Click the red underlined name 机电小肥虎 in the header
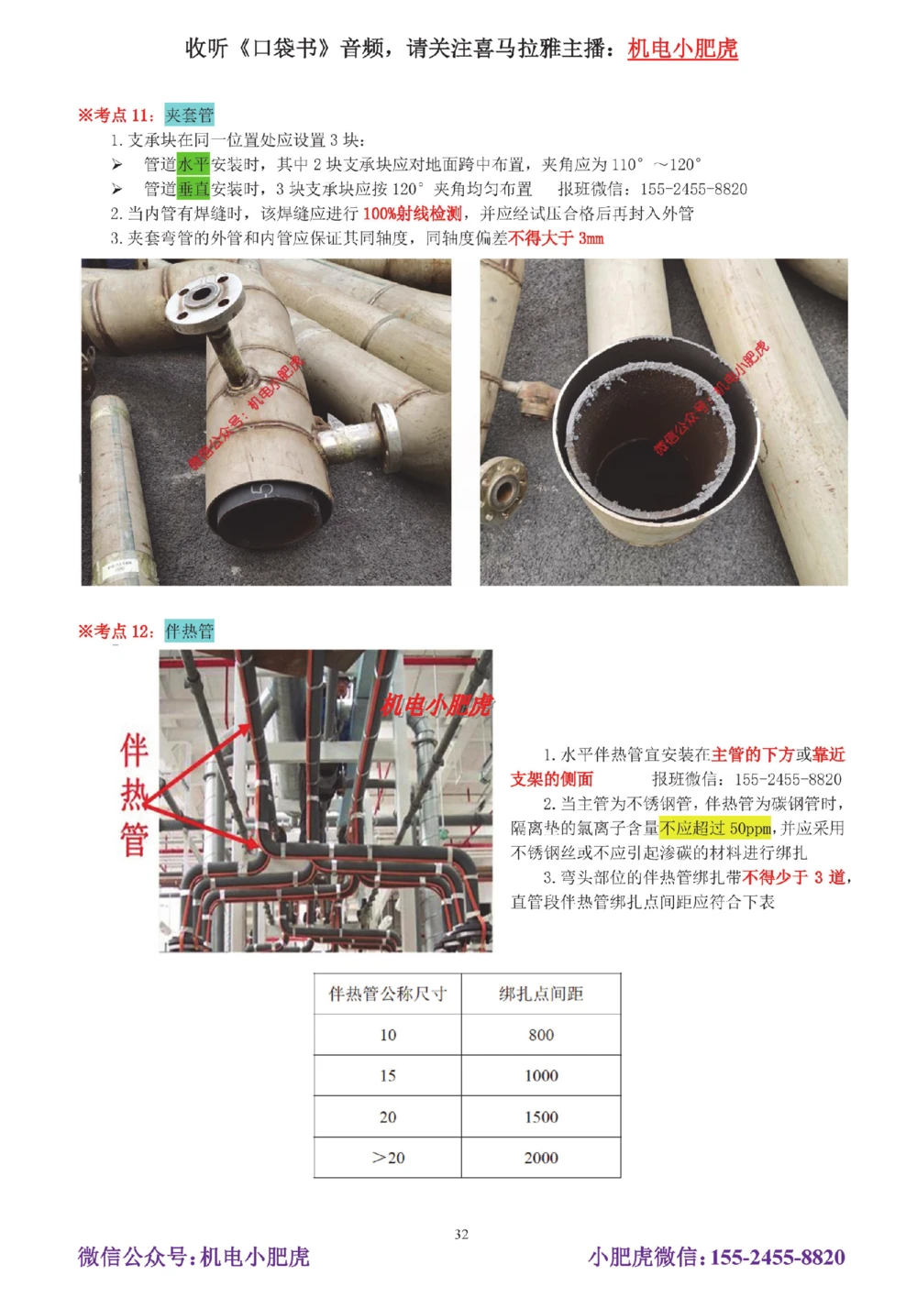coord(682,49)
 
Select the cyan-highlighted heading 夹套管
coord(189,115)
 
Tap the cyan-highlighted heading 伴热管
coord(189,631)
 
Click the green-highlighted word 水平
coord(193,164)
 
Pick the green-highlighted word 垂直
coord(193,189)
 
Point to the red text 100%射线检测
coord(412,214)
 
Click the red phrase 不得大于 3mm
coord(556,238)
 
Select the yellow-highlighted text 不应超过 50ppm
coord(715,829)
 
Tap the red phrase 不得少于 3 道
coord(793,877)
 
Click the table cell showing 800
coord(541,1035)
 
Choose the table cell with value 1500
coord(541,1117)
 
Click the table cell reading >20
coord(388,1158)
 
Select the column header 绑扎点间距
coord(541,994)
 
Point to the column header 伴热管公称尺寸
coord(388,994)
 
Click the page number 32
coord(461,1234)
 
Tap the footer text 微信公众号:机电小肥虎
coord(193,1257)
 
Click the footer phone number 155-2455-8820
coord(778,1257)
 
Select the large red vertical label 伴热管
coord(134,795)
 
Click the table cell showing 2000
coord(541,1158)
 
